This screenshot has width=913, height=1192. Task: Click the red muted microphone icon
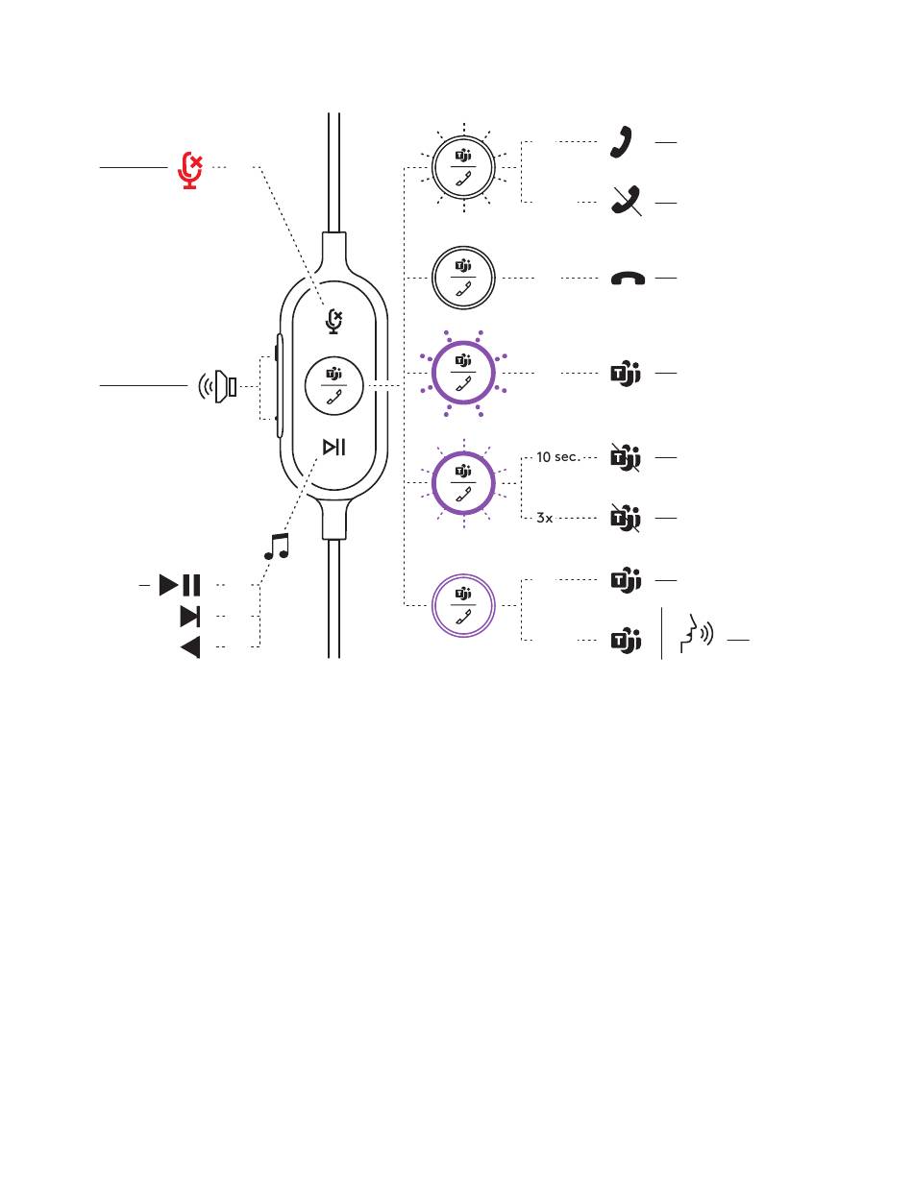191,170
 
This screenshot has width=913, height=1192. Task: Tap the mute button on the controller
333,321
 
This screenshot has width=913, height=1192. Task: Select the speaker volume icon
218,387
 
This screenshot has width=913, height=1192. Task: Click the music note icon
277,547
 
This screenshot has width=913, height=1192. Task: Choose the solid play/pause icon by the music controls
180,584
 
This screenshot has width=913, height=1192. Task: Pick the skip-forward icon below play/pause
189,616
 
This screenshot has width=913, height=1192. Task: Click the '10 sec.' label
557,457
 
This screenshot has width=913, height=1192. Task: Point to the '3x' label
545,518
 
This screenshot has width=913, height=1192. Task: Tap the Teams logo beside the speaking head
626,640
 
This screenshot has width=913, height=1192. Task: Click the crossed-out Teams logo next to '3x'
626,519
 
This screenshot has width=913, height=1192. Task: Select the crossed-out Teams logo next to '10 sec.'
626,458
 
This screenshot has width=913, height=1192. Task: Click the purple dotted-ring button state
464,372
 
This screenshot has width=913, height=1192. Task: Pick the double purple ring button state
464,606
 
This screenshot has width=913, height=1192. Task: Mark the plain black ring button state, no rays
464,279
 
